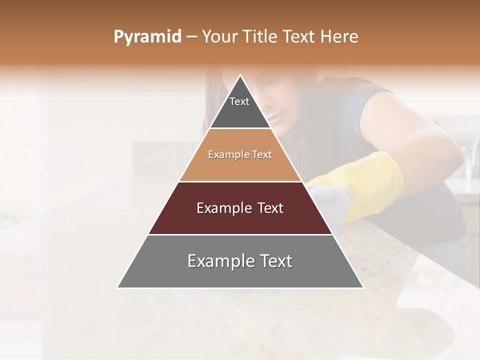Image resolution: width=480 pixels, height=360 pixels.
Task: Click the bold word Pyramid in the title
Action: click(x=147, y=37)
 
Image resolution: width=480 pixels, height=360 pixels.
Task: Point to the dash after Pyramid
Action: click(x=191, y=37)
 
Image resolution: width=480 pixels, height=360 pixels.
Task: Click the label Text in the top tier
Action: click(x=239, y=101)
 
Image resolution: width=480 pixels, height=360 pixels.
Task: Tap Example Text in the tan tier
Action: click(x=240, y=154)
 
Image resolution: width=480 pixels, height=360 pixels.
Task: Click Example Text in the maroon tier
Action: click(x=240, y=208)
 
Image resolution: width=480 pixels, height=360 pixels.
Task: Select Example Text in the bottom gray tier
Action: click(x=240, y=261)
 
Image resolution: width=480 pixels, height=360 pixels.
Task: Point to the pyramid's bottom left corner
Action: click(x=117, y=287)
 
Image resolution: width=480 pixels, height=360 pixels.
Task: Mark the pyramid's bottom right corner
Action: click(x=363, y=287)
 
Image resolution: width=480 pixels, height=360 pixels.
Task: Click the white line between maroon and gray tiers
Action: click(x=240, y=234)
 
